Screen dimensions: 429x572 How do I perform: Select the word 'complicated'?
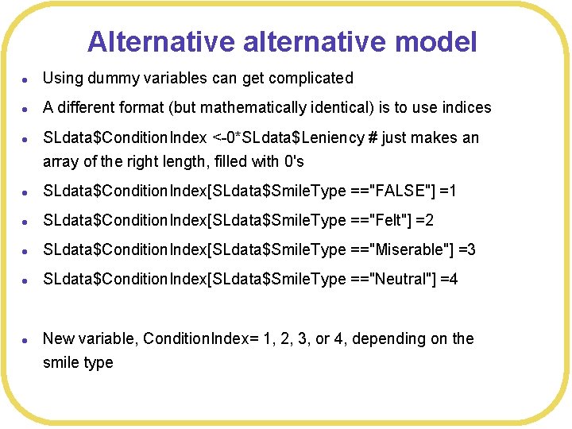click(311, 78)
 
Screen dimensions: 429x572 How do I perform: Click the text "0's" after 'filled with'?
click(293, 161)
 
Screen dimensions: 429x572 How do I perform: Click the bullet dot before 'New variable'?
click(26, 339)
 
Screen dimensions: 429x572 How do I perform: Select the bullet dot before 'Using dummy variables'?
click(26, 79)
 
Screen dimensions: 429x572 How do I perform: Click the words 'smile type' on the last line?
click(78, 362)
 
